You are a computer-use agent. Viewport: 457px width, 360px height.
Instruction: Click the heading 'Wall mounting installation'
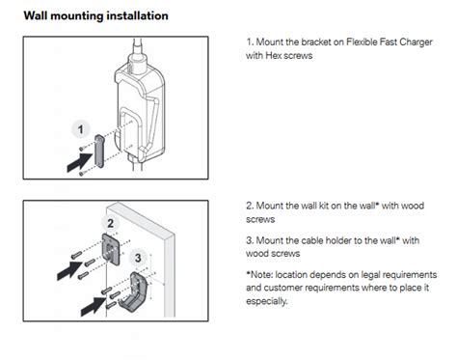95,15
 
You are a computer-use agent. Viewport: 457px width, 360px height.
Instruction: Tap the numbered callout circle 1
80,129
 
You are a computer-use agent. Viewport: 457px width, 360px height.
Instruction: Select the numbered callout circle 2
111,223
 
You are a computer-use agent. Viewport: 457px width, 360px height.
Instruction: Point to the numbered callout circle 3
138,258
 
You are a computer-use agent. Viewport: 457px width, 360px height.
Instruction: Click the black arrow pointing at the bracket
80,162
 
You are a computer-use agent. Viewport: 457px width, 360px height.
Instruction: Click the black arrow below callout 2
70,270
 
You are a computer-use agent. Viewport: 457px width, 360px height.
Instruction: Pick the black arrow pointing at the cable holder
94,306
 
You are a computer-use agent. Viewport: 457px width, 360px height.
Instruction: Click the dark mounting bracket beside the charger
99,152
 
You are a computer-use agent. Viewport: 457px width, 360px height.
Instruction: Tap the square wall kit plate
111,249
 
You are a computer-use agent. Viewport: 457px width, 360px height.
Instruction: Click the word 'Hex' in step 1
273,55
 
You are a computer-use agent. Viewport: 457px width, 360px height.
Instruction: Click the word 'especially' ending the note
266,301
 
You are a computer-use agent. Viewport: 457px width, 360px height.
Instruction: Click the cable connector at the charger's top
137,57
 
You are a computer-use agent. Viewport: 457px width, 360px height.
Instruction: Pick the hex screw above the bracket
82,148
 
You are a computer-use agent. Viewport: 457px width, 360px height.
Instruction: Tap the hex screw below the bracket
82,174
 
